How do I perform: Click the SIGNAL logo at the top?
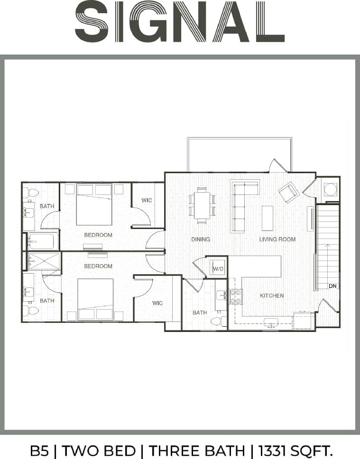180,22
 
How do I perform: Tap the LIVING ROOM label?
277,239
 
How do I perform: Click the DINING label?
200,239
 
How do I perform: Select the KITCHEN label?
272,296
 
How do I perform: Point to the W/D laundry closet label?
218,269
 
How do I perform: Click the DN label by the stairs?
332,286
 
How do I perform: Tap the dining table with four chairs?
202,205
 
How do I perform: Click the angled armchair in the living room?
288,193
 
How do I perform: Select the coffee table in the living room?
268,218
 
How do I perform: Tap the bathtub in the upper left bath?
43,241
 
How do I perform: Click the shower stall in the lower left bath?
44,261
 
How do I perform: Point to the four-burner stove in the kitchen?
236,297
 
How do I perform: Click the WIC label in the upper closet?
147,201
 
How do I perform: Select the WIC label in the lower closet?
157,302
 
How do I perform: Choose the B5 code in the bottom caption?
39,450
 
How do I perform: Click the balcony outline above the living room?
239,154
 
